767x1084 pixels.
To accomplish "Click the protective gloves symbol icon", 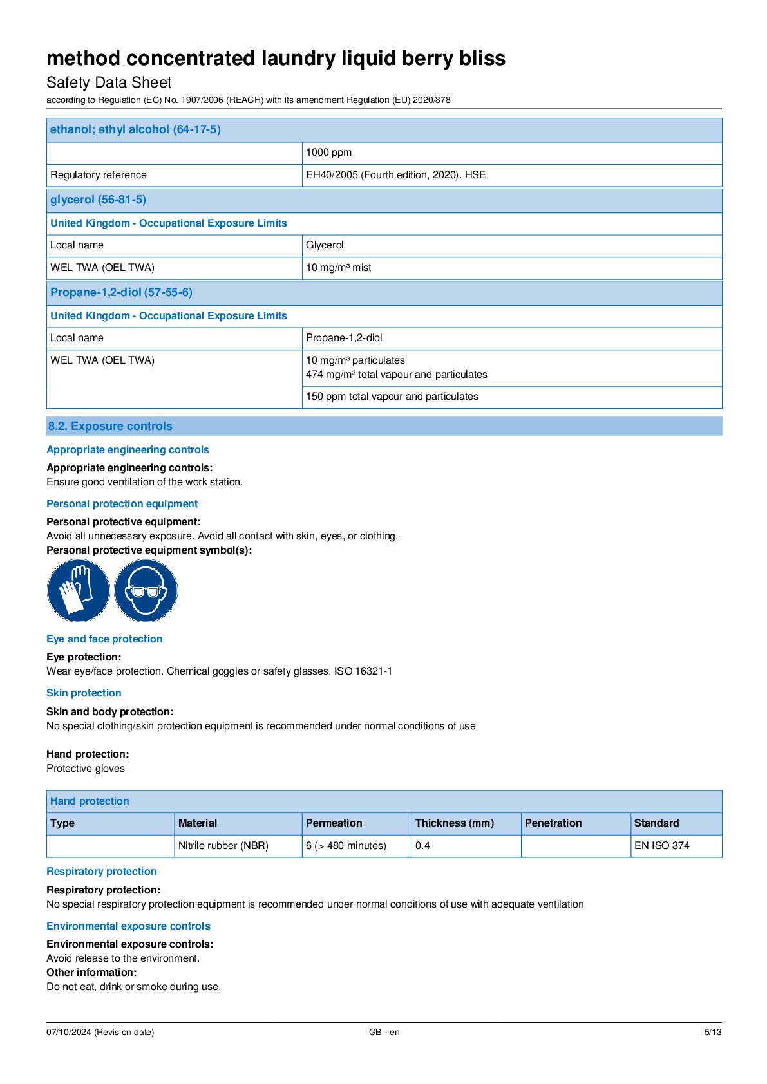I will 78,590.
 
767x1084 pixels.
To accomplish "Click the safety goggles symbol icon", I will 146,590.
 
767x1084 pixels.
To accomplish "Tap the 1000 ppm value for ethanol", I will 328,153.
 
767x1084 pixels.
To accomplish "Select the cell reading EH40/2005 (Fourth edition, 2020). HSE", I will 395,175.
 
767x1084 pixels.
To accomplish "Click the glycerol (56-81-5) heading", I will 98,200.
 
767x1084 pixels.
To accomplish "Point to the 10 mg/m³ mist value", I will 338,268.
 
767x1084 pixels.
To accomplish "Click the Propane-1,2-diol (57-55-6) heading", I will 121,292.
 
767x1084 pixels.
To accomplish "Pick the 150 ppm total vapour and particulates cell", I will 392,397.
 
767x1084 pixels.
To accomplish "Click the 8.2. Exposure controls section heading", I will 110,426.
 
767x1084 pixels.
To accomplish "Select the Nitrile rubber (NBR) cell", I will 223,846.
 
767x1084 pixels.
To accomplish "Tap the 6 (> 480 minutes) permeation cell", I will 346,846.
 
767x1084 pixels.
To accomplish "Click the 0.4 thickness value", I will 422,846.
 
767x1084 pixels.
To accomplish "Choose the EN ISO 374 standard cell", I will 661,846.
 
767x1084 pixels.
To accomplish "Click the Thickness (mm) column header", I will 454,823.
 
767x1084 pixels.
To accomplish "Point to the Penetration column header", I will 553,823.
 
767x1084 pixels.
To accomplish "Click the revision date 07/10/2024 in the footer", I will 100,1032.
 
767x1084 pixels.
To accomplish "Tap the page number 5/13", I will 712,1032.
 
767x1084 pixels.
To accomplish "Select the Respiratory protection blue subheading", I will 101,872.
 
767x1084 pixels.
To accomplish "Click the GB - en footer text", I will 384,1032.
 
